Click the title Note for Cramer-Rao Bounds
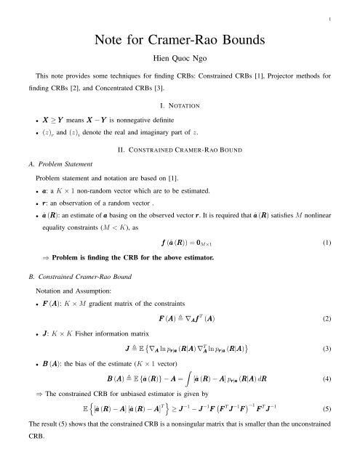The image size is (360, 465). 180,31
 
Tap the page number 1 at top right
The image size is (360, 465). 351,9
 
